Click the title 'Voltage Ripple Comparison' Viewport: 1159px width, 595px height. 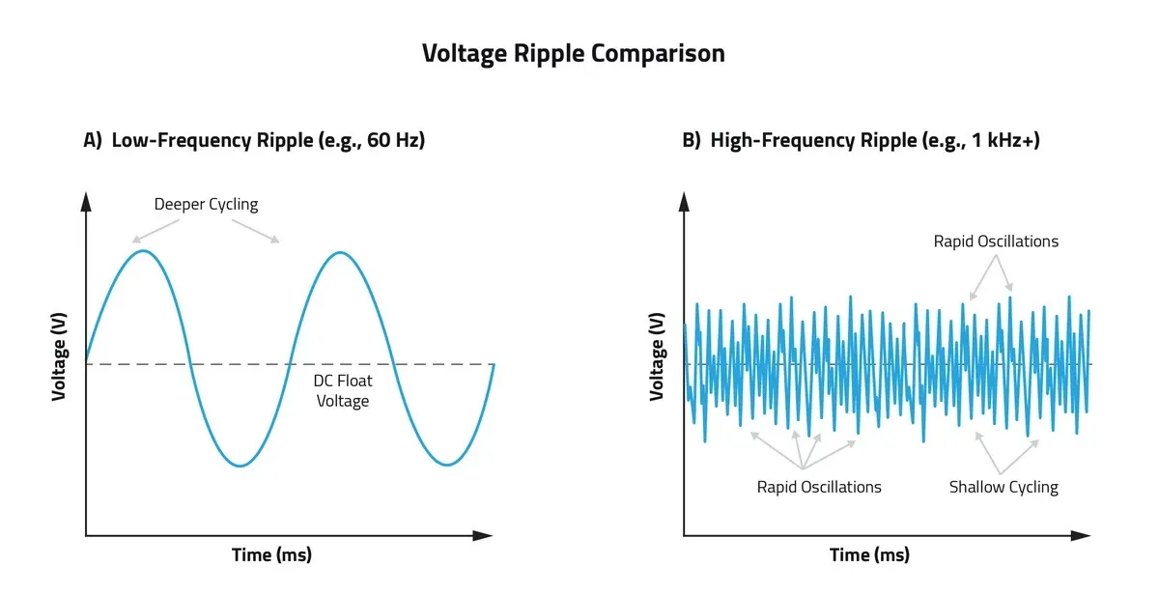pos(573,53)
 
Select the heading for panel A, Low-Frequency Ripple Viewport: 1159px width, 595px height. pos(254,140)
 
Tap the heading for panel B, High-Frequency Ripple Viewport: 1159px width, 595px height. pos(861,140)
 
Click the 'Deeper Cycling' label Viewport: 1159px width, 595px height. pos(206,205)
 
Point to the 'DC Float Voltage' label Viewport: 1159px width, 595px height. pos(343,391)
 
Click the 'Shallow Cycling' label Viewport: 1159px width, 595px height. pos(1004,487)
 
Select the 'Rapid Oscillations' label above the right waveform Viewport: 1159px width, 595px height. pos(996,241)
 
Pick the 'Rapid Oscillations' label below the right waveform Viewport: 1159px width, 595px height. pos(819,487)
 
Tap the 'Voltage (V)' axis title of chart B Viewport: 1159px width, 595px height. pos(658,357)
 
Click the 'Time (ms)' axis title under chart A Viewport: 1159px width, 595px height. pos(271,555)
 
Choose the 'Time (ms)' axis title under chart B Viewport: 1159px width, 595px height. pos(869,555)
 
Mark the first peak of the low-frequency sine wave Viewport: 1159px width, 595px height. pos(143,251)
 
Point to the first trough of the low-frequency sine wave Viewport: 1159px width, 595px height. pos(240,466)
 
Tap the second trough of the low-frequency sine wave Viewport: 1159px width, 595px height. pos(446,465)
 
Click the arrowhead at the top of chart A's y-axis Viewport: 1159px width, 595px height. pos(86,201)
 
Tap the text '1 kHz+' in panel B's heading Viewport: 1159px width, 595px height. pos(1004,140)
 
